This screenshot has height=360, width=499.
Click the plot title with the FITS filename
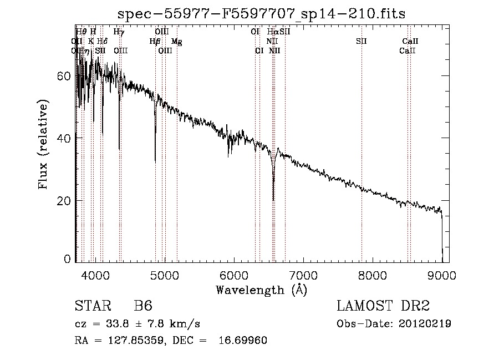click(262, 14)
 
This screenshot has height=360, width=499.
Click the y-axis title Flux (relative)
click(43, 144)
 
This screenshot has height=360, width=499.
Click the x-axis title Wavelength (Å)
click(261, 289)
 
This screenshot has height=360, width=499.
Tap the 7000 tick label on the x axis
click(303, 275)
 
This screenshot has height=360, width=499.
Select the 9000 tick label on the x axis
click(442, 275)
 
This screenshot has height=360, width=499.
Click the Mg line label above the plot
click(176, 41)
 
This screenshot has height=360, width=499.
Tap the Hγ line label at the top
click(119, 32)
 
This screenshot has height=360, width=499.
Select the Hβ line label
click(155, 41)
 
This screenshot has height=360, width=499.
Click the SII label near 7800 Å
click(361, 41)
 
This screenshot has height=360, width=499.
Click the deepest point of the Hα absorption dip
click(273, 200)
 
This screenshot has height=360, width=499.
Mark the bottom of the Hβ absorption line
click(155, 161)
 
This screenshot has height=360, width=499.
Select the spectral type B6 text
click(143, 306)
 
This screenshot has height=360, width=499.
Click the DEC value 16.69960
click(244, 341)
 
